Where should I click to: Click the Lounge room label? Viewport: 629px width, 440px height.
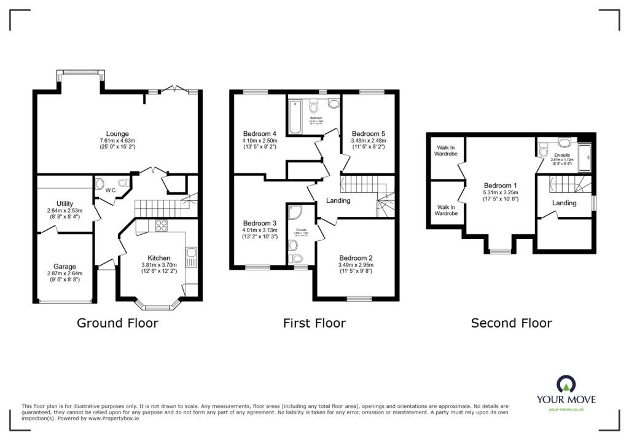click(x=117, y=133)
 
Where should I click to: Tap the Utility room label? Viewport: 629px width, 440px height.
click(x=64, y=203)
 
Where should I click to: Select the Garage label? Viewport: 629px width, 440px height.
click(x=64, y=267)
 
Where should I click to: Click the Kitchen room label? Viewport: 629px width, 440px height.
click(x=160, y=257)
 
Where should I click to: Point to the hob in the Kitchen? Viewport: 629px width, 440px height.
click(x=162, y=226)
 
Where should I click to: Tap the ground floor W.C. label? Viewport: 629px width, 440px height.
click(x=111, y=190)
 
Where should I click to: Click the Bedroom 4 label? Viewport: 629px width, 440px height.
click(x=259, y=133)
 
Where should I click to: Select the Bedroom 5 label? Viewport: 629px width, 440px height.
click(x=368, y=133)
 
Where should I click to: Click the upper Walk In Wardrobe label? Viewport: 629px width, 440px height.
click(x=446, y=151)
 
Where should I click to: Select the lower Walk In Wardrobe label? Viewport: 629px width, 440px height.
click(x=446, y=210)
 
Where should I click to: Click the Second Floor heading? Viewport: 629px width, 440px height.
click(x=511, y=323)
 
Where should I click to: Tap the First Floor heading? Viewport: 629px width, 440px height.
click(x=314, y=323)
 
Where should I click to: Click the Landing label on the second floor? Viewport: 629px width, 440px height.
click(x=564, y=203)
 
